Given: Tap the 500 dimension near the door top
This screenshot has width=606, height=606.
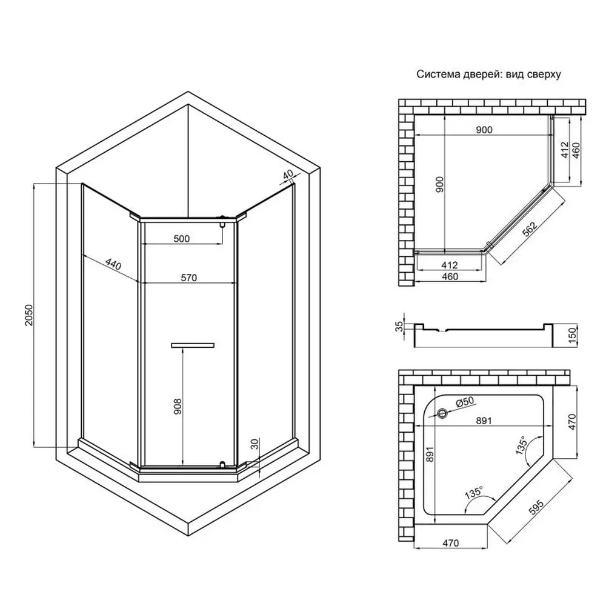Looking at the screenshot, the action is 182,239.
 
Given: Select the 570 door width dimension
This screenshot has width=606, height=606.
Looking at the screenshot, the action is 189,278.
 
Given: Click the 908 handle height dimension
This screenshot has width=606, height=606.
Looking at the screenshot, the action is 178,407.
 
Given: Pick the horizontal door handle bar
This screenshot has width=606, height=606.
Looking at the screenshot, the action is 193,345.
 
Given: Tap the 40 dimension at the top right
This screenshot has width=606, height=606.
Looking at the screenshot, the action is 288,175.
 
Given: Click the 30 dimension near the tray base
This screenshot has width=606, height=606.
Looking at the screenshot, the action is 254,444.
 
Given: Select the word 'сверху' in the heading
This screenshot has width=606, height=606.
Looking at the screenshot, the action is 544,75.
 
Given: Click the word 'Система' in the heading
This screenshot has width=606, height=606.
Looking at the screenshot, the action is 438,74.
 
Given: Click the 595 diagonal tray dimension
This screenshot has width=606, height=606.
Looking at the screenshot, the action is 536,507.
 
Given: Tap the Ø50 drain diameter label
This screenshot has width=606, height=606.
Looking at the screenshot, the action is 465,402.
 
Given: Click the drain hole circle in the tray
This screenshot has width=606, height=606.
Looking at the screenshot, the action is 442,413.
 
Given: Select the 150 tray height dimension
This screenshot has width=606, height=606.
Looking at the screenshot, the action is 573,333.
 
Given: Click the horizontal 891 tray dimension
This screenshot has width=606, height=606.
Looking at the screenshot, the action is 484,421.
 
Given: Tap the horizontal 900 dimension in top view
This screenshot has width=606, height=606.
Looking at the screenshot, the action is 484,130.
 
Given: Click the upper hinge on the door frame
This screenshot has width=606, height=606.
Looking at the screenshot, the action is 222,221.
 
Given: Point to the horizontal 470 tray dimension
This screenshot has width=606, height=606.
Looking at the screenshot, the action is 451,543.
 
